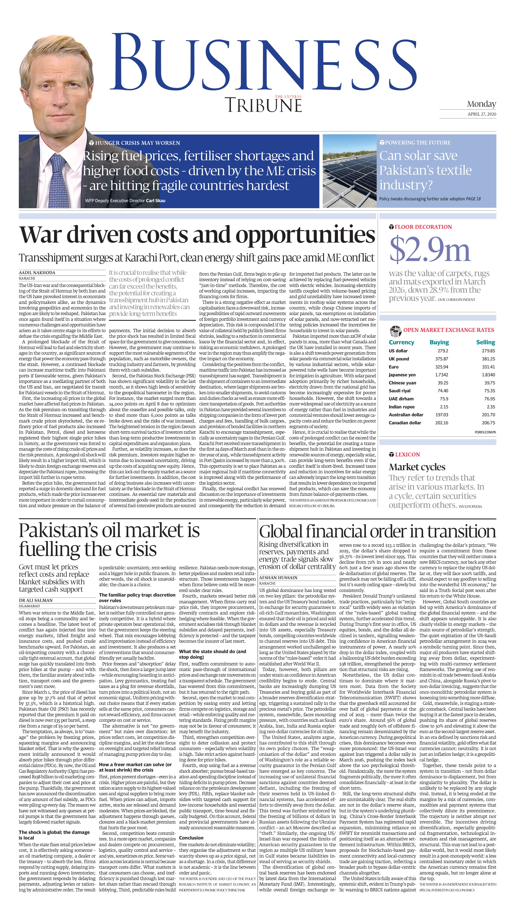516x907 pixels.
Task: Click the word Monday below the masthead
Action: pos(481,104)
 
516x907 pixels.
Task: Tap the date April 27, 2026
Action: pos(482,114)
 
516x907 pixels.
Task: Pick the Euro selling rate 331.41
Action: pos(488,367)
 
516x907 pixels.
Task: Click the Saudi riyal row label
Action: pos(399,391)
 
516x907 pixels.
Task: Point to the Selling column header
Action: pos(485,342)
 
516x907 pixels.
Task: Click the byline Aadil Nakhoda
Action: pos(37,273)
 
